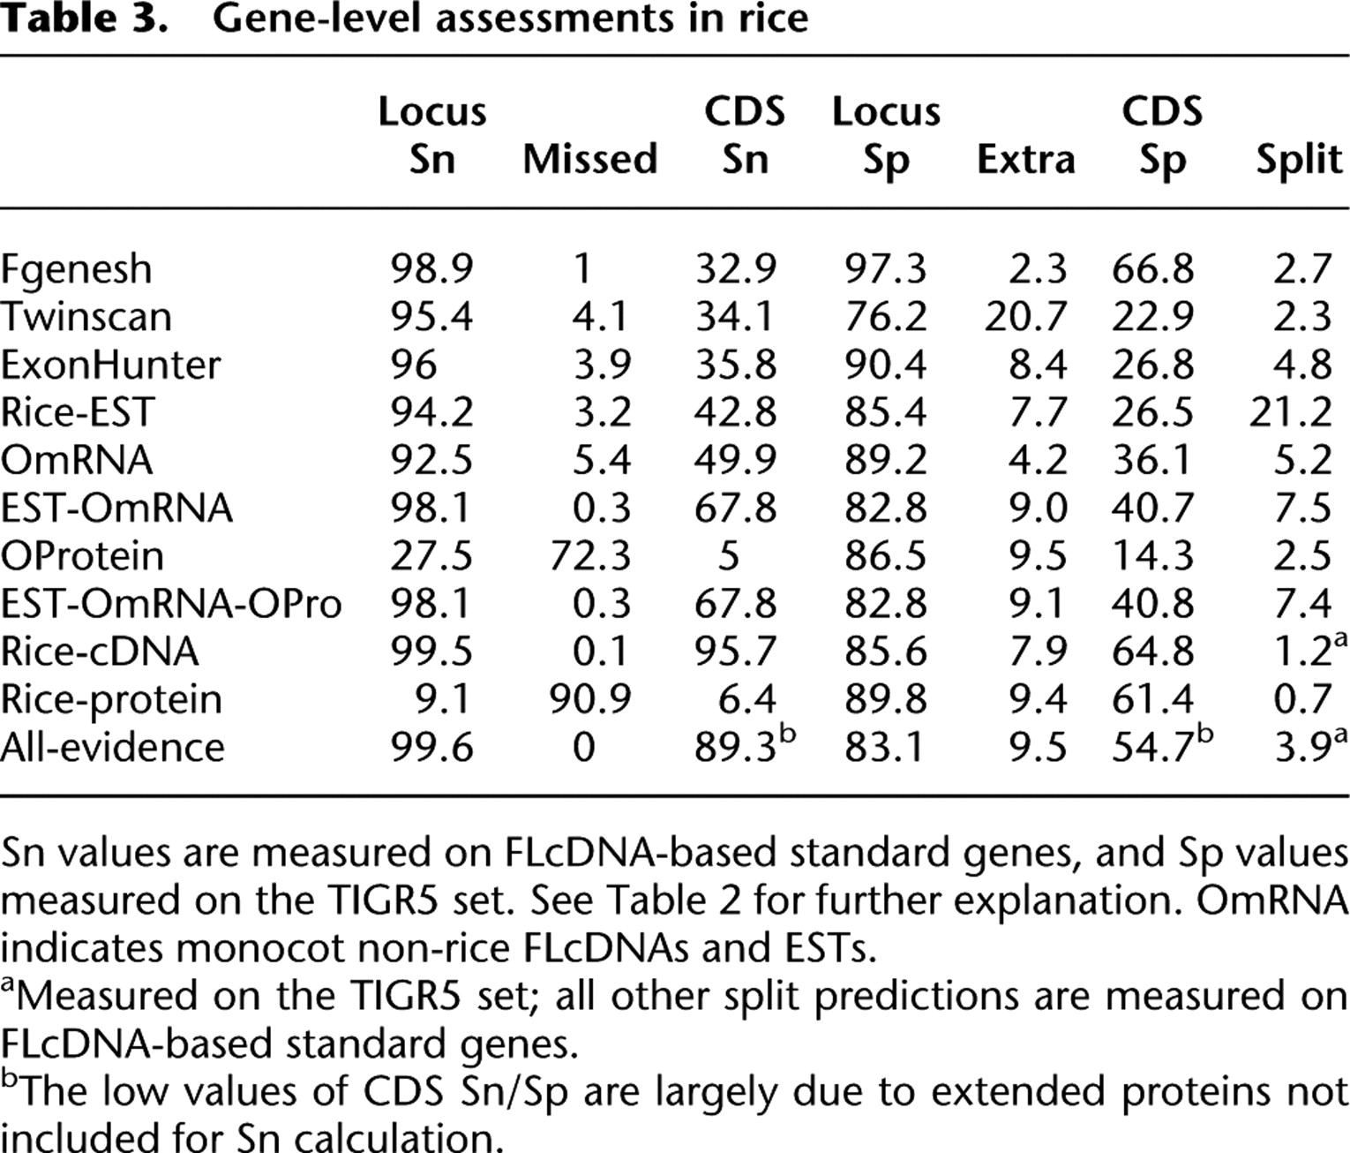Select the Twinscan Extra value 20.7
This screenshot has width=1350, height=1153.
pyautogui.click(x=1025, y=316)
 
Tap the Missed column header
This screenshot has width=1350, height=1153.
pyautogui.click(x=589, y=159)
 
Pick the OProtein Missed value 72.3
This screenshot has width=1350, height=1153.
pyautogui.click(x=589, y=555)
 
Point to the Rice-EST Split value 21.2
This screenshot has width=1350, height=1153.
pyautogui.click(x=1291, y=412)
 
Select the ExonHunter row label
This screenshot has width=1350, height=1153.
pyautogui.click(x=110, y=364)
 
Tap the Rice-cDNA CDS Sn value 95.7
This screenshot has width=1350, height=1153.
pyautogui.click(x=735, y=651)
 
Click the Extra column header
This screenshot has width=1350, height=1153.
pyautogui.click(x=1025, y=159)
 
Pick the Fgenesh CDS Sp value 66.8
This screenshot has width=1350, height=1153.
pyautogui.click(x=1152, y=268)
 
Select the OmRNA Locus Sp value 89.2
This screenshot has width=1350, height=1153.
pyautogui.click(x=886, y=460)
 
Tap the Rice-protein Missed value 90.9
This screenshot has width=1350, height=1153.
pyautogui.click(x=589, y=698)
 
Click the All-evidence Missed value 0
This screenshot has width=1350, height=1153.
pyautogui.click(x=582, y=747)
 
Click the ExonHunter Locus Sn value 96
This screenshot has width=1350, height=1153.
pyautogui.click(x=414, y=364)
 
